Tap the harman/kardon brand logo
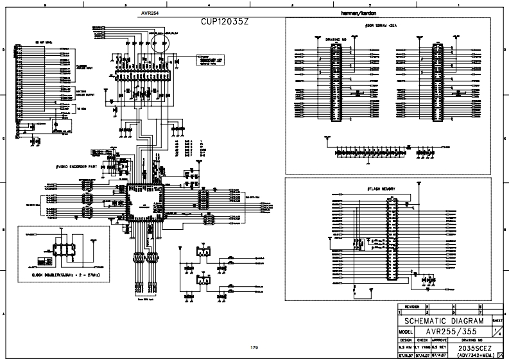[354, 12]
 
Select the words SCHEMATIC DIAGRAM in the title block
[444, 320]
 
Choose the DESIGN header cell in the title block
[406, 339]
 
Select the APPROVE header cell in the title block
[439, 339]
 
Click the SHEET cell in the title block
[497, 319]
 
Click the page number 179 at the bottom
[254, 347]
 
